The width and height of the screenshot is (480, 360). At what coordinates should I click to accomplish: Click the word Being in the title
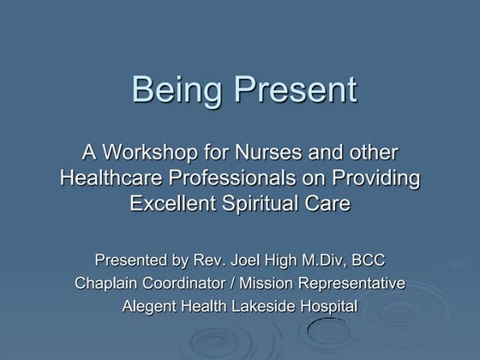pos(175,90)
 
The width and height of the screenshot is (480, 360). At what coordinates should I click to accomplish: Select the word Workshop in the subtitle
pos(151,153)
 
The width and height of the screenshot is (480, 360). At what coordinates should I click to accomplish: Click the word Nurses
pos(271,153)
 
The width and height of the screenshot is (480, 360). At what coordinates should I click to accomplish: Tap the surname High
pos(287,260)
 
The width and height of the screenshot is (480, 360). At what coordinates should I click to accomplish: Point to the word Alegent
pos(153,306)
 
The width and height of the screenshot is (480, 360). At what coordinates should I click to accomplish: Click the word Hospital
pos(328,306)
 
